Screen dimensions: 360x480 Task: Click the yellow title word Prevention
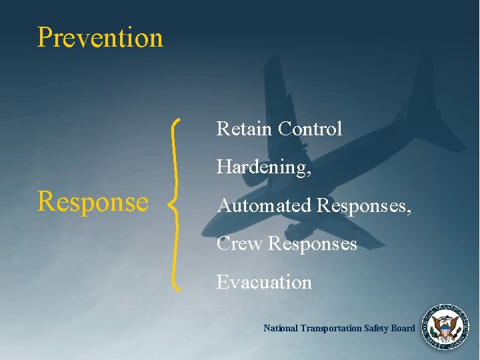pos(100,37)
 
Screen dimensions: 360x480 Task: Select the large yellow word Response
pos(93,201)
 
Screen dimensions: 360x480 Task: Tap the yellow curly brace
pos(176,204)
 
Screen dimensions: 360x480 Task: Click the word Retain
pos(244,129)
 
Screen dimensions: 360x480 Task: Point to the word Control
pos(310,129)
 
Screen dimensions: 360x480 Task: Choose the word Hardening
pos(262,167)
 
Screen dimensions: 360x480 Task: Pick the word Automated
pos(265,205)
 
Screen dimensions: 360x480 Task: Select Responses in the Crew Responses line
pos(313,245)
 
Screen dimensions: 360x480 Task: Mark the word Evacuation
pos(264,282)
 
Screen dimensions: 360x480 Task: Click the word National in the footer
pos(281,328)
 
